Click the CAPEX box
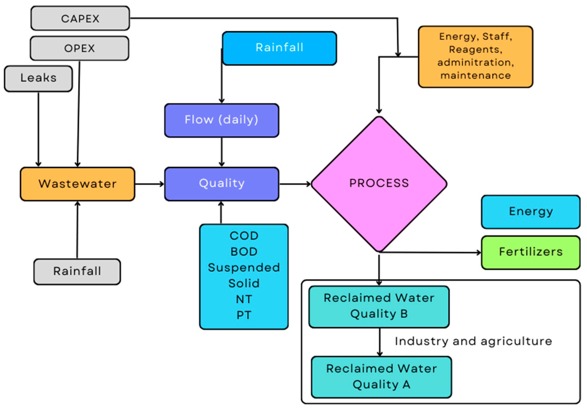point(80,18)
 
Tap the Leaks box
point(38,78)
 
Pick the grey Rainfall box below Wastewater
point(77,271)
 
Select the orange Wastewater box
point(78,184)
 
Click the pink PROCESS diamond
point(379,183)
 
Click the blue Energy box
point(531,212)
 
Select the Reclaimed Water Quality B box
point(379,307)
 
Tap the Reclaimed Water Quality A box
point(381,377)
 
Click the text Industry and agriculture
point(473,341)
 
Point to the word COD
point(244,236)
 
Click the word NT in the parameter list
point(244,299)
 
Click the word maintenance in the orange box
point(475,76)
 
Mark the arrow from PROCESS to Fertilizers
point(429,253)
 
